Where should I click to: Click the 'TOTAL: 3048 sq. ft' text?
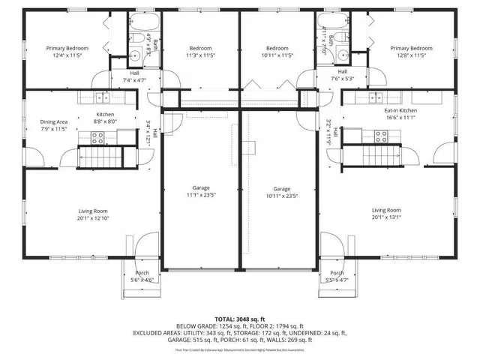pyautogui.click(x=239, y=318)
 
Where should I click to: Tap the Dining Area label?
pyautogui.click(x=53, y=121)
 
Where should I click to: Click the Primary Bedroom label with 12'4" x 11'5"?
pyautogui.click(x=67, y=48)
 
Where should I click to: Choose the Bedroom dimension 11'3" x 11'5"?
pyautogui.click(x=200, y=55)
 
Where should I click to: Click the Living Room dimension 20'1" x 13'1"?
pyautogui.click(x=386, y=218)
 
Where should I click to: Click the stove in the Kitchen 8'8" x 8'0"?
pyautogui.click(x=97, y=137)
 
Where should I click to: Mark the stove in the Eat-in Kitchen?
pyautogui.click(x=380, y=136)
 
